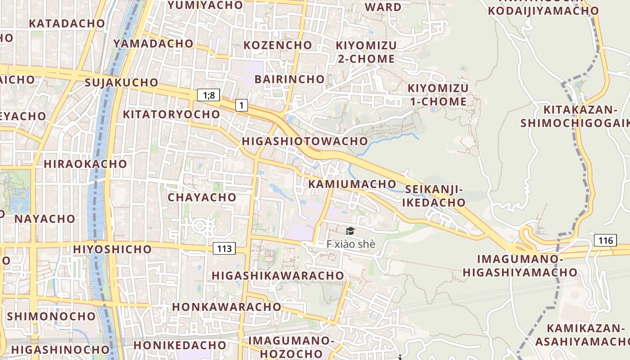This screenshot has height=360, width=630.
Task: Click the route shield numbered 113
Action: click(x=224, y=248)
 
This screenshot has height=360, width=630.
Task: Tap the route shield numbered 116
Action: click(x=605, y=241)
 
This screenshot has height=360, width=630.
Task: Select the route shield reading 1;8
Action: click(x=209, y=95)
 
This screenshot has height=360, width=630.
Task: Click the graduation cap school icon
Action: click(x=350, y=231)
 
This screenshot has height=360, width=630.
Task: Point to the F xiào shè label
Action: click(x=351, y=244)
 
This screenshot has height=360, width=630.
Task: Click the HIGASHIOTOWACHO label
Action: click(x=305, y=141)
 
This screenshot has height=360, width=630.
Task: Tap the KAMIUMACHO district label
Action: click(x=352, y=184)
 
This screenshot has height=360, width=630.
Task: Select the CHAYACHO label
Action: click(x=202, y=197)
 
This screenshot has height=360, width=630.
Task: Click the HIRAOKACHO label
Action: click(x=85, y=164)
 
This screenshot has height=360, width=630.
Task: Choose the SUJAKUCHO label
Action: click(x=121, y=82)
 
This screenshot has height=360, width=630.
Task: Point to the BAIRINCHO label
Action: click(x=289, y=79)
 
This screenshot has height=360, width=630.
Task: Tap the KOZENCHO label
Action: click(x=278, y=45)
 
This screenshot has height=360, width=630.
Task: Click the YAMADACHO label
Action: click(x=153, y=43)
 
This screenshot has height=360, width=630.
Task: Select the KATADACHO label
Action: click(x=67, y=23)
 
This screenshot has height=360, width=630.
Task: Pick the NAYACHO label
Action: click(x=45, y=219)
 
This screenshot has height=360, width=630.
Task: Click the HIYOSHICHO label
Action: click(x=112, y=249)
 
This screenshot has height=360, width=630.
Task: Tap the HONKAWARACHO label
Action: click(x=227, y=306)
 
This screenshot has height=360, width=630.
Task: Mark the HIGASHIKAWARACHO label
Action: click(x=278, y=275)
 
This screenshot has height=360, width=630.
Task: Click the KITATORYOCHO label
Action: click(x=171, y=114)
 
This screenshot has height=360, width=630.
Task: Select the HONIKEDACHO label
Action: click(x=180, y=345)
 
